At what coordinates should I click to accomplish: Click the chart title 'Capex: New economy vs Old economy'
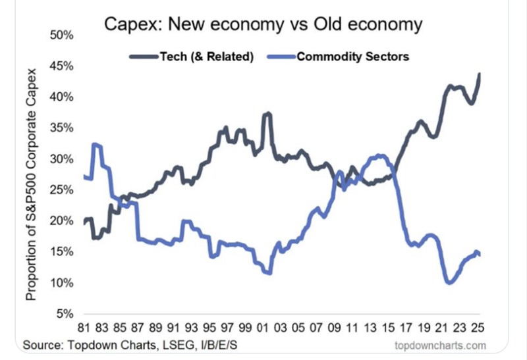point(263,26)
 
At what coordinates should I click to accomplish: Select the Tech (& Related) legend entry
point(206,56)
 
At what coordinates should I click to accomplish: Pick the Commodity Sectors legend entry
point(353,56)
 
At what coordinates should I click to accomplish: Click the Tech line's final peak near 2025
point(480,73)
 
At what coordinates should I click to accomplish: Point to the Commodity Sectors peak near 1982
point(97,143)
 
